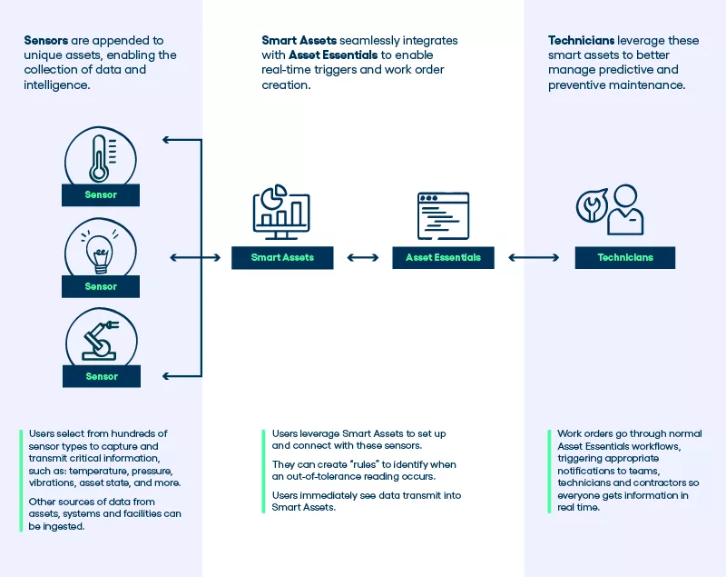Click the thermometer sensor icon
(x=101, y=157)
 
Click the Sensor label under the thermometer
(x=101, y=195)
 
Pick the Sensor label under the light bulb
(x=101, y=286)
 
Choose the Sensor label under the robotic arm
(x=102, y=376)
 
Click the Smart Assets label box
(x=282, y=258)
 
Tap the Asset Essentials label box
(x=443, y=258)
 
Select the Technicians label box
(x=625, y=258)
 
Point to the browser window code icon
(x=443, y=215)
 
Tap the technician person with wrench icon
(x=610, y=209)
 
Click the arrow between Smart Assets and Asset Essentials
(x=363, y=258)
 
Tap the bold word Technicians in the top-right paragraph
(x=581, y=41)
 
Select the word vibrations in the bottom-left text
(x=52, y=483)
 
